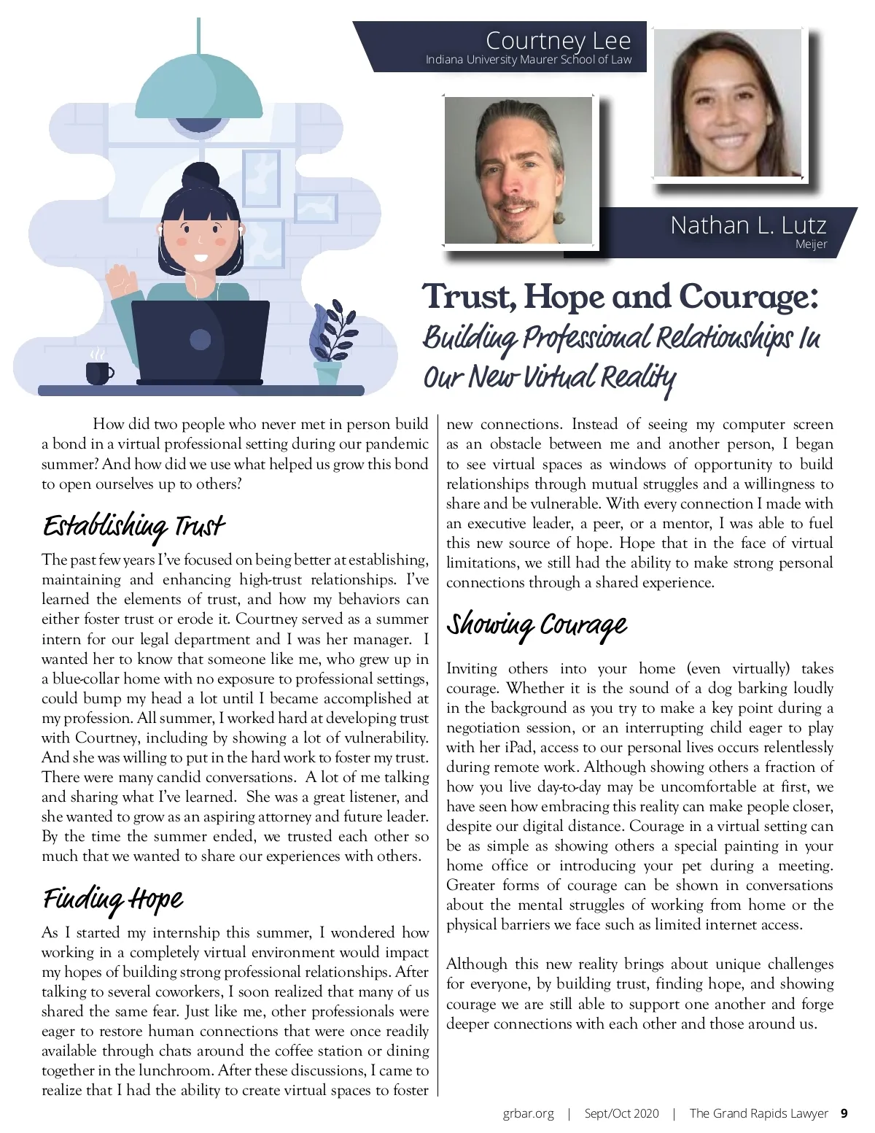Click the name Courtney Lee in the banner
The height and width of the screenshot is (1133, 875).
[558, 40]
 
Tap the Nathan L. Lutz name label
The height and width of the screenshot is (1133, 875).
[748, 225]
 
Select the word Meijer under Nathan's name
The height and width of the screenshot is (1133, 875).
[811, 244]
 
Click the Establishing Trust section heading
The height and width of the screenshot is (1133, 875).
[133, 526]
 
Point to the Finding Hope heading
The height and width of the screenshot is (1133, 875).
[113, 899]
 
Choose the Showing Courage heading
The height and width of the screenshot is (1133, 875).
[537, 625]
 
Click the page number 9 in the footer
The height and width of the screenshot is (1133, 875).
[844, 1113]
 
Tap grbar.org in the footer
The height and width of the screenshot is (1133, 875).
[528, 1113]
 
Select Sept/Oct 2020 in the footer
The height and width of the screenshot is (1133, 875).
[621, 1113]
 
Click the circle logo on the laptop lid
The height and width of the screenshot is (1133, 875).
[200, 339]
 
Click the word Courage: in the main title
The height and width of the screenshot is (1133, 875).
[748, 297]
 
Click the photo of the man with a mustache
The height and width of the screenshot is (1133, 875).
[518, 171]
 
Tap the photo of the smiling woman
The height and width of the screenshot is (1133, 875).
[728, 102]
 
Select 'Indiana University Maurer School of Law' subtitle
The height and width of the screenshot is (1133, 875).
[528, 60]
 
